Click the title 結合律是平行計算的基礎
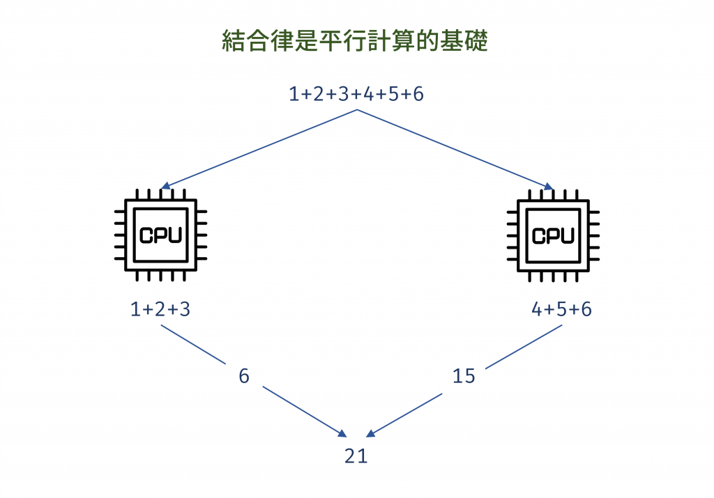[356, 41]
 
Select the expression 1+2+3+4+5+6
[356, 93]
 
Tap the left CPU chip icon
[160, 235]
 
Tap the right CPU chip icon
[553, 235]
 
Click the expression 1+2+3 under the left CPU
[160, 309]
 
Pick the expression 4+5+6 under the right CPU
[562, 309]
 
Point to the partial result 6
[243, 376]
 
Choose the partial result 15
[464, 376]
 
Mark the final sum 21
[356, 456]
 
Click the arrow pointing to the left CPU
[258, 149]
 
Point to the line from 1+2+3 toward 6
[193, 344]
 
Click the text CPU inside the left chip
[160, 235]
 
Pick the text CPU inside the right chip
[553, 235]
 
